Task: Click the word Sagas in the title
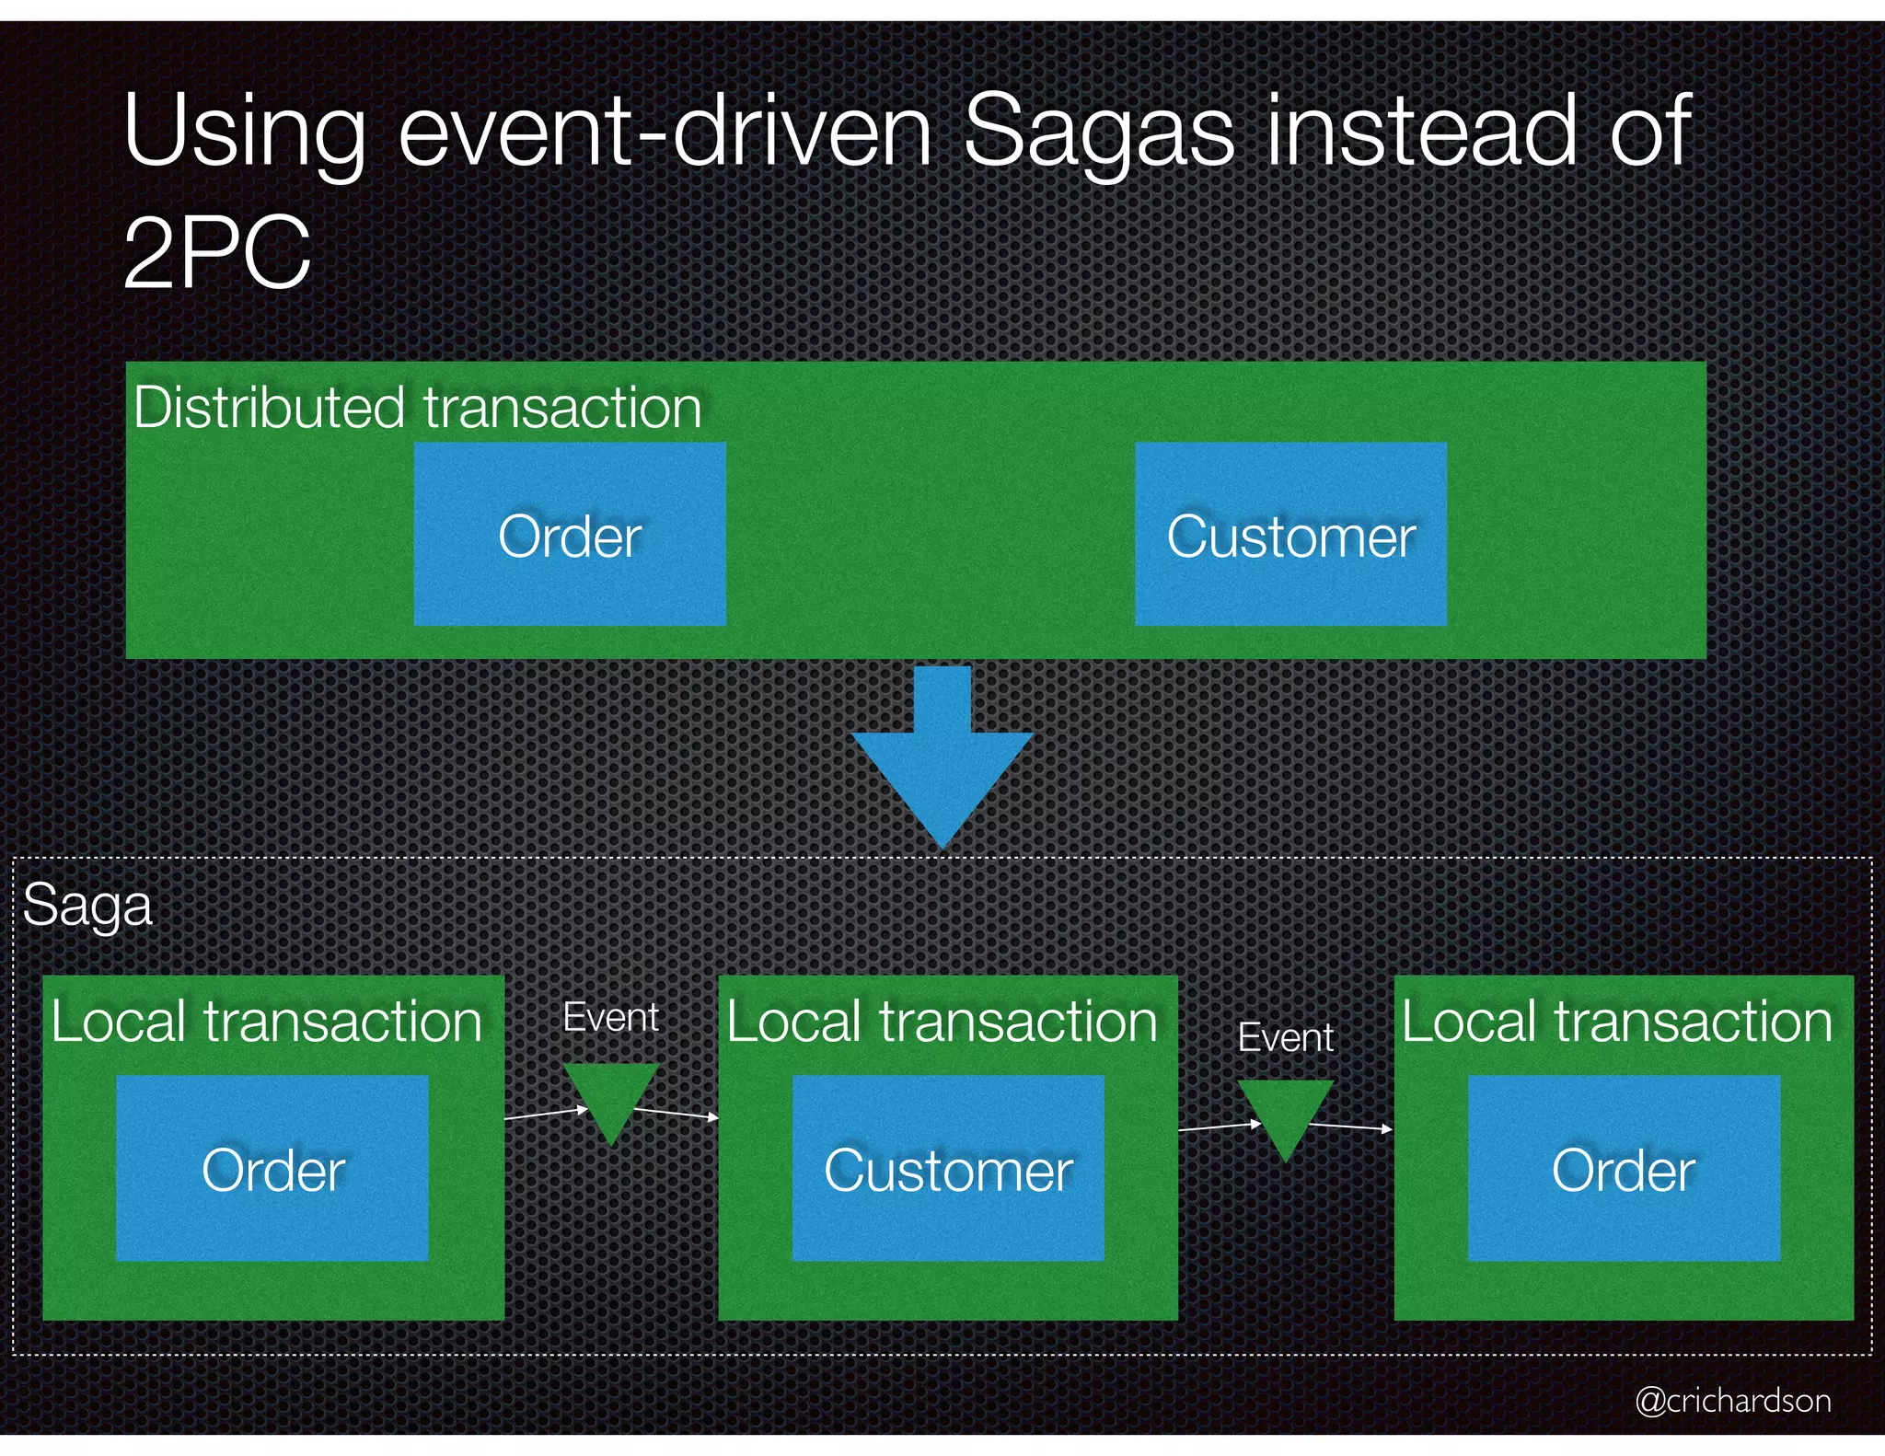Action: click(x=1097, y=133)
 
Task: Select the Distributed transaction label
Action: click(x=418, y=407)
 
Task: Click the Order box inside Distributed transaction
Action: click(x=570, y=535)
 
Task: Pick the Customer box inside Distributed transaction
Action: click(x=1290, y=535)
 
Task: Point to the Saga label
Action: click(x=87, y=906)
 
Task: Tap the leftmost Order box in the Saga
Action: click(x=272, y=1169)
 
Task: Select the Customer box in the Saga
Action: click(x=948, y=1169)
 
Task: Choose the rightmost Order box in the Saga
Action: click(x=1624, y=1169)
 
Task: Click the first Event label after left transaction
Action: click(x=610, y=1018)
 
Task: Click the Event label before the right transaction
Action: click(x=1285, y=1038)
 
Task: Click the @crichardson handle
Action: click(x=1732, y=1400)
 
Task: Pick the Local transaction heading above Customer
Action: click(x=942, y=1022)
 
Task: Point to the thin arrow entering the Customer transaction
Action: click(x=677, y=1115)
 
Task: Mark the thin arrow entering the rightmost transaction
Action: click(x=1351, y=1127)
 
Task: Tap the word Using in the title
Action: click(x=245, y=133)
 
